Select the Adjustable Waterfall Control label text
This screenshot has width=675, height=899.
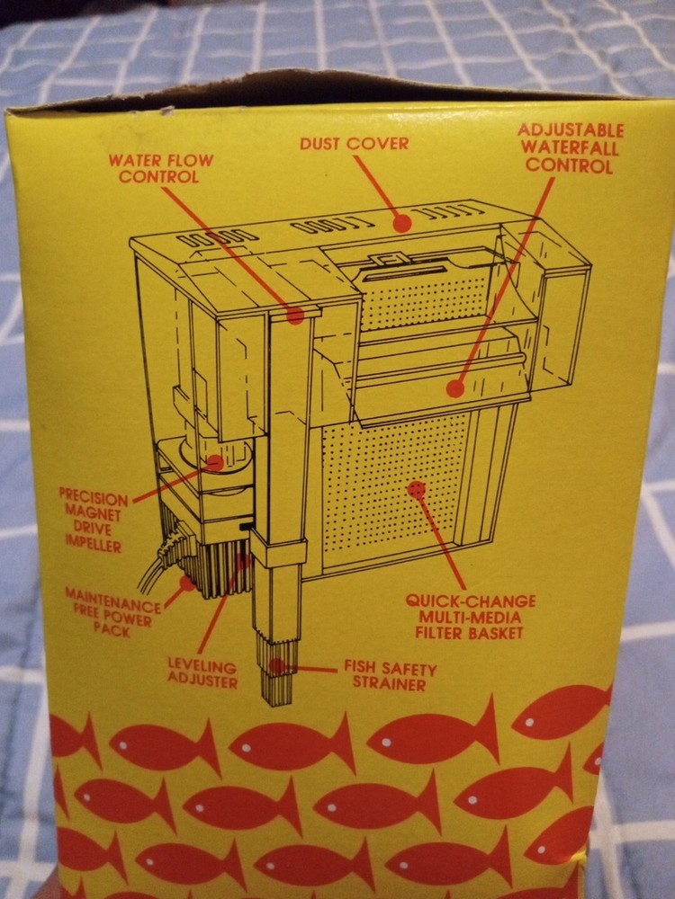(570, 148)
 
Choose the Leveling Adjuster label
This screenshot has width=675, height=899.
(202, 674)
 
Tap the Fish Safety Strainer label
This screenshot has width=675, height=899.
(389, 677)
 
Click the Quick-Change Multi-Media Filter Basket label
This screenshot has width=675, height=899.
(469, 617)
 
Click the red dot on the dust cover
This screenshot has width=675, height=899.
(401, 221)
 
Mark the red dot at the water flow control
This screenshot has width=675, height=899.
(294, 314)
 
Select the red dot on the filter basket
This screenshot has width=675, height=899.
(416, 489)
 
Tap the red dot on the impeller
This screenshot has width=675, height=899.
(215, 462)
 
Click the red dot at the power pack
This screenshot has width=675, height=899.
(187, 582)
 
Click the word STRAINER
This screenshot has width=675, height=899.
(389, 685)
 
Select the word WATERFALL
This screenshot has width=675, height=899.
(570, 148)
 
